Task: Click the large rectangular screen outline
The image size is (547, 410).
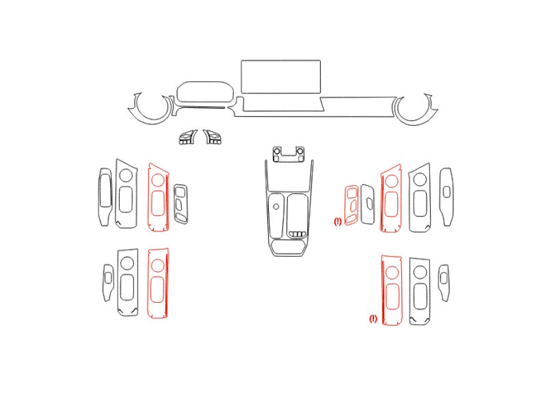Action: (x=280, y=61)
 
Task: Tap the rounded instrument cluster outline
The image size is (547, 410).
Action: (x=205, y=82)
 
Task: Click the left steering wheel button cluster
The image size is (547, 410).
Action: (x=187, y=137)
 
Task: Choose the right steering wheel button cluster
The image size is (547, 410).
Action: (x=212, y=137)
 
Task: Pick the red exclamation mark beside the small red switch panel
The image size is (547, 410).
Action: (x=338, y=221)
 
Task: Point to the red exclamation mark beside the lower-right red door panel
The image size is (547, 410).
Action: (x=373, y=318)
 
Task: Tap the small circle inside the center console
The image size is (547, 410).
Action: (x=276, y=207)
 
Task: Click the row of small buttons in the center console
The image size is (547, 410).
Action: (x=297, y=234)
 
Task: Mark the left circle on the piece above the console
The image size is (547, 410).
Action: (x=277, y=151)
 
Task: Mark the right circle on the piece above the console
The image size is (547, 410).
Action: (x=299, y=151)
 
